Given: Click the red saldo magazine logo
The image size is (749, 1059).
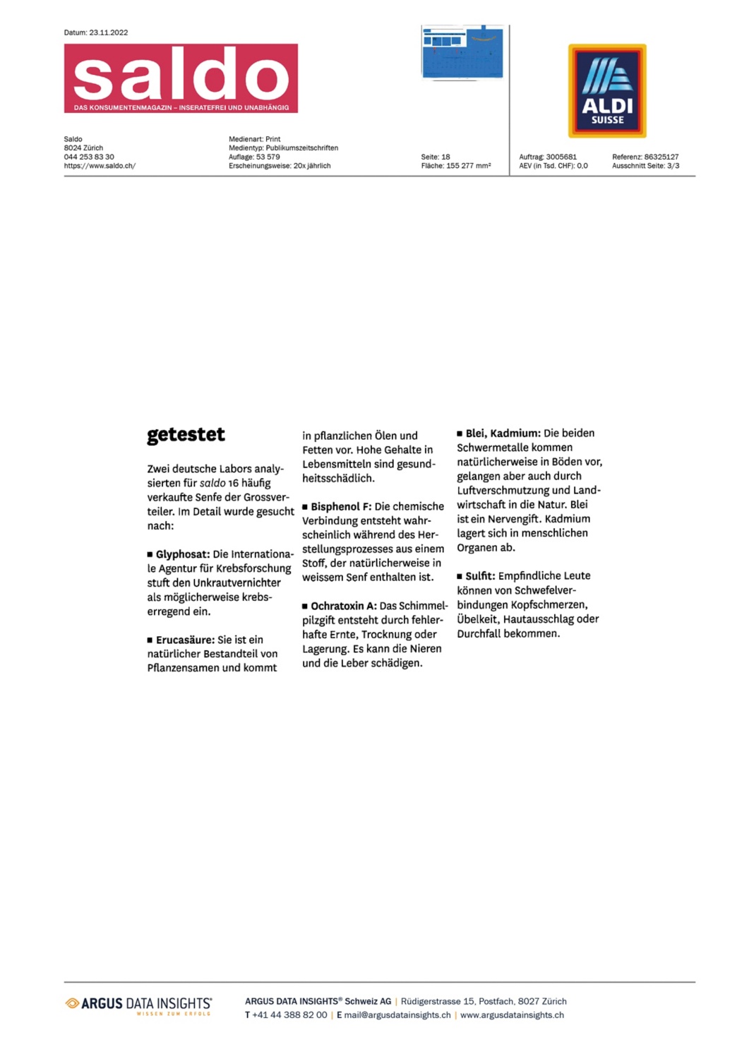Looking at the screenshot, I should [x=181, y=78].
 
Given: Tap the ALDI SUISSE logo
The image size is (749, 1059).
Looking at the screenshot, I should [x=607, y=91].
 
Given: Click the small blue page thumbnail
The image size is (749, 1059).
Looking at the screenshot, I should [x=462, y=53].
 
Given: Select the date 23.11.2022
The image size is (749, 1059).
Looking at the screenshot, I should [x=108, y=32].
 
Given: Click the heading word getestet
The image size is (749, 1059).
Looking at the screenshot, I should [x=186, y=435].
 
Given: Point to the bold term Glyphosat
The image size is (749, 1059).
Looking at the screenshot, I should [x=182, y=554].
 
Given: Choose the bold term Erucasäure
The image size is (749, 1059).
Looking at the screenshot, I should [x=185, y=640].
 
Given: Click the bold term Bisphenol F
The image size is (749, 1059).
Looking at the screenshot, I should [x=340, y=507].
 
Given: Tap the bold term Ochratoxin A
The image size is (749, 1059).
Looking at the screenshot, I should [x=343, y=606].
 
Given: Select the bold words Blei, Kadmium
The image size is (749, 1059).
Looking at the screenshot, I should [x=503, y=433].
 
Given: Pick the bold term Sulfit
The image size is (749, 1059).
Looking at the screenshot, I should [x=480, y=576].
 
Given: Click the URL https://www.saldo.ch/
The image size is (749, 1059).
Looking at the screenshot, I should [x=100, y=166].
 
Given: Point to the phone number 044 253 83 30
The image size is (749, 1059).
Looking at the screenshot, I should [x=89, y=157].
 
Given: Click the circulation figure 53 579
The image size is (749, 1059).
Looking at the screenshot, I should [x=268, y=157].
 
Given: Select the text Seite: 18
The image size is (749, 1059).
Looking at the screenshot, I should [x=436, y=157].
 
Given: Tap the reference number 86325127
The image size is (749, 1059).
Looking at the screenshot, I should [x=661, y=157].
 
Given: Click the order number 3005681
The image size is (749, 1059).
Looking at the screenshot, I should [x=561, y=157].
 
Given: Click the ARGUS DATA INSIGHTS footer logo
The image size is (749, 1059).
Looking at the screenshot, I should [x=138, y=1005].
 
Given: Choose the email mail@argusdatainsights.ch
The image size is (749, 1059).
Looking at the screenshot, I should [x=397, y=1015].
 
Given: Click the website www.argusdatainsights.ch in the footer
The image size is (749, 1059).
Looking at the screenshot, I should [x=512, y=1015].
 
